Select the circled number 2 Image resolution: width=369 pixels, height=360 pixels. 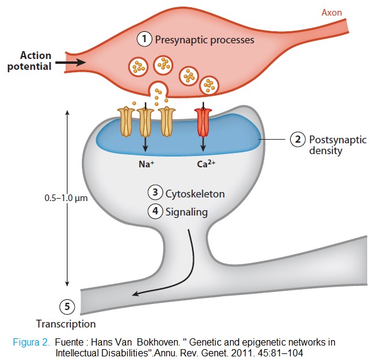297,139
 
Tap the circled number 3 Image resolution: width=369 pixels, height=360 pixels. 155,193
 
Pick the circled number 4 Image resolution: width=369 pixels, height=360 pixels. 155,211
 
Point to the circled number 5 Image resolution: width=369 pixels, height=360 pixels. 68,307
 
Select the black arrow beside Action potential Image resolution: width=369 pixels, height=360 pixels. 73,61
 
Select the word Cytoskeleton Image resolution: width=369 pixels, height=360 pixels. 195,194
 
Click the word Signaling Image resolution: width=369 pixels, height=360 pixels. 187,212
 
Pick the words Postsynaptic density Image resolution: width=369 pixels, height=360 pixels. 337,145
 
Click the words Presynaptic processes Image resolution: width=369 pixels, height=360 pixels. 205,40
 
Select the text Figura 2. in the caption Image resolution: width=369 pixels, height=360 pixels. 31,343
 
